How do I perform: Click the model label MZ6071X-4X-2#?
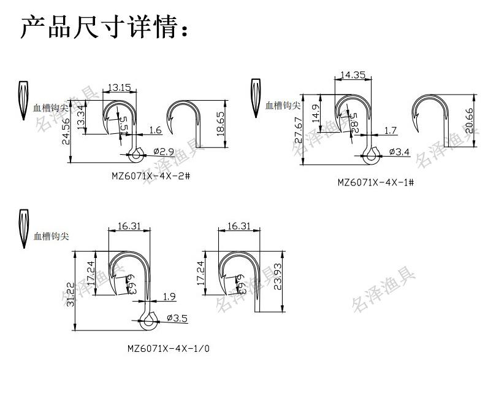pyautogui.click(x=150, y=176)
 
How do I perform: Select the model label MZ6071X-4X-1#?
pyautogui.click(x=376, y=182)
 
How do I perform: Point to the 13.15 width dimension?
pyautogui.click(x=120, y=87)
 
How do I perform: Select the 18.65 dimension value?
pyautogui.click(x=221, y=123)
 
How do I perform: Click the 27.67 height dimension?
pyautogui.click(x=299, y=130)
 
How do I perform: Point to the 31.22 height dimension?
pyautogui.click(x=71, y=294)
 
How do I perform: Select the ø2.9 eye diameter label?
pyautogui.click(x=164, y=151)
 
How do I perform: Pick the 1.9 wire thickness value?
pyautogui.click(x=169, y=297)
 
